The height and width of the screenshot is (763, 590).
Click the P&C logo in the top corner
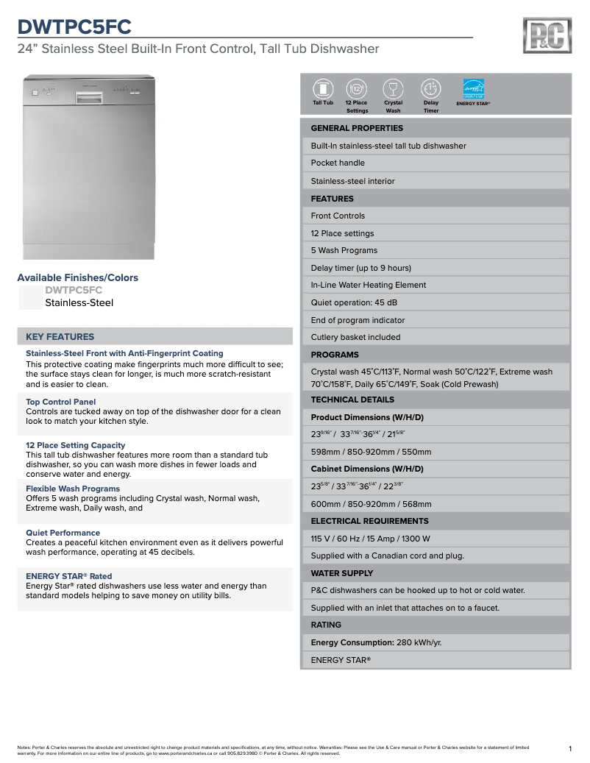click(547, 36)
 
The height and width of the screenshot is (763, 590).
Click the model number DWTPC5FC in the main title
click(74, 27)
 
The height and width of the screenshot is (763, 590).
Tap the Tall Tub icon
click(322, 88)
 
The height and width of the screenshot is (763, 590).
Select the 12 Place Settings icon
click(357, 88)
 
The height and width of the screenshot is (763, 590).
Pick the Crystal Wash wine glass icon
click(394, 88)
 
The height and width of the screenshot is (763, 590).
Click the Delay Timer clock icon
click(430, 88)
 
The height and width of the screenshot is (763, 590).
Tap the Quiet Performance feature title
click(63, 533)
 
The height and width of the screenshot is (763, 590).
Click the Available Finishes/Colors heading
click(77, 277)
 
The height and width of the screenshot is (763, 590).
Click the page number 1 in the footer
click(570, 749)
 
